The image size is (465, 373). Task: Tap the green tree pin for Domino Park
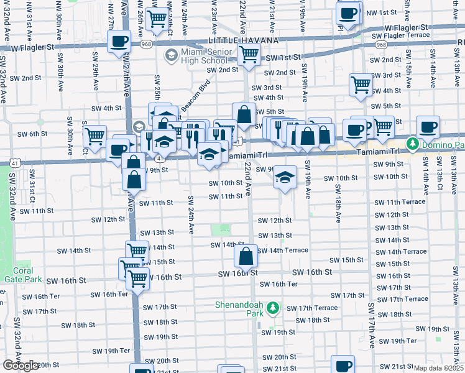point(412,145)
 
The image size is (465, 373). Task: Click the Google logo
point(21,366)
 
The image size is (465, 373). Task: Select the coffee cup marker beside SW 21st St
point(343,364)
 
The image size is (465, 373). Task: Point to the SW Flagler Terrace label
point(400,35)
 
